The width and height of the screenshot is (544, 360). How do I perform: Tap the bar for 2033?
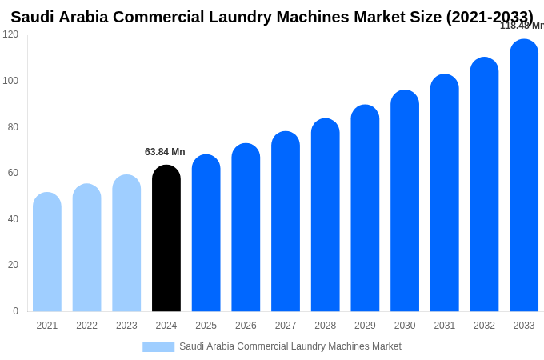tap(524, 175)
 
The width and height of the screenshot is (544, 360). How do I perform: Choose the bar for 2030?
tap(405, 201)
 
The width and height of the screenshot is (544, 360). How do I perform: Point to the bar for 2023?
tap(126, 243)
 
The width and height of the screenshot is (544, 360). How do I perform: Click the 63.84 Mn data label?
tap(165, 152)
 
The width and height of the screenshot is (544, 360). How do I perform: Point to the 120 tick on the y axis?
tap(10, 34)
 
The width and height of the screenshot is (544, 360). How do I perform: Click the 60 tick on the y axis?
tap(13, 173)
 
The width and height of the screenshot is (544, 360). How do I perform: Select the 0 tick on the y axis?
tap(15, 311)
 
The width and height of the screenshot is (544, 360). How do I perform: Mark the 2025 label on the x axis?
tap(206, 326)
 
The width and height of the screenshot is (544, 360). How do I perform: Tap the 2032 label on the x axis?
tap(484, 326)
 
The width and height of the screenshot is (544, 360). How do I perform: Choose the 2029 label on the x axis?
tap(365, 326)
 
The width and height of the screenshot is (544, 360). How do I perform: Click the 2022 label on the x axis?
tap(86, 326)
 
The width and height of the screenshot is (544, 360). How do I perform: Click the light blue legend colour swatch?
tap(158, 347)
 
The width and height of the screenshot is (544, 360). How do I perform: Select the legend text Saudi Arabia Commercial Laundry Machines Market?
tap(290, 346)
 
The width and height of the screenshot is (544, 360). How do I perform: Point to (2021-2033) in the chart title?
tap(489, 17)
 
